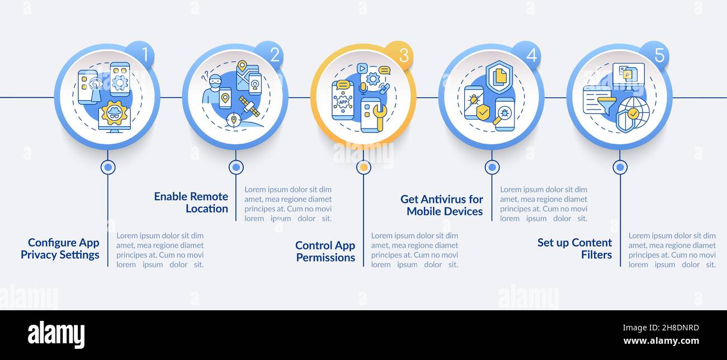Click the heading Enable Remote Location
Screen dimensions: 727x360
click(x=191, y=202)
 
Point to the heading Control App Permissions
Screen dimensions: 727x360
click(x=325, y=252)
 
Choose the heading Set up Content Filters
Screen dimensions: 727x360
click(x=574, y=248)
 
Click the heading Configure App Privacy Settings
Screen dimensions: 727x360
click(x=60, y=248)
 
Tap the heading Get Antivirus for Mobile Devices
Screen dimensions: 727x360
click(x=441, y=205)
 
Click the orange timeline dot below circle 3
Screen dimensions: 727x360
click(x=364, y=167)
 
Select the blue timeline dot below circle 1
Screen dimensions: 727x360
click(x=108, y=167)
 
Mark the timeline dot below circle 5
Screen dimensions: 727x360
click(x=620, y=167)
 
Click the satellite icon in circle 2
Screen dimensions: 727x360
click(x=249, y=106)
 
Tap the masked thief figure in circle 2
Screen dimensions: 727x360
click(x=213, y=88)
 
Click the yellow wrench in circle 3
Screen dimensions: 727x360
click(x=379, y=117)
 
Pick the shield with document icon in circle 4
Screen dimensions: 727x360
click(x=499, y=77)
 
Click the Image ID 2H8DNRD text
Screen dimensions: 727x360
click(x=661, y=328)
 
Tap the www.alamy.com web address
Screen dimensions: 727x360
click(x=661, y=341)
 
